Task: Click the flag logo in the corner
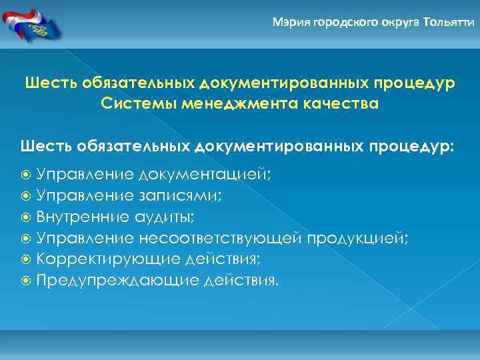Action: (31, 23)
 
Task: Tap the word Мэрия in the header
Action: (288, 22)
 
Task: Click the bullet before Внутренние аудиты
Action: (26, 218)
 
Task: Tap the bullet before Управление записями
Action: (26, 197)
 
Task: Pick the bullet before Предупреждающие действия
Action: (26, 280)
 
